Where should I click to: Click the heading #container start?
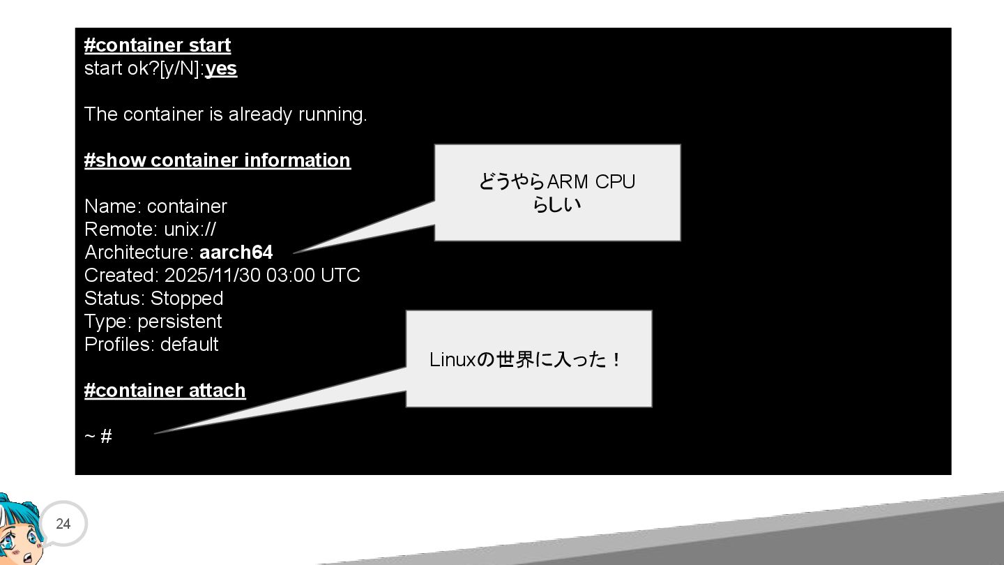click(x=157, y=45)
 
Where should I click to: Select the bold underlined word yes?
click(x=221, y=68)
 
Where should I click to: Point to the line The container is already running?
click(x=225, y=114)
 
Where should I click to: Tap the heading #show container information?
click(x=217, y=160)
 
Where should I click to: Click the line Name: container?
click(x=155, y=206)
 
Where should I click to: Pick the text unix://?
click(x=190, y=229)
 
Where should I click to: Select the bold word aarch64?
click(x=236, y=253)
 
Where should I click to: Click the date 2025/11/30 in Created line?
click(x=212, y=276)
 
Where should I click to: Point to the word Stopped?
click(x=187, y=299)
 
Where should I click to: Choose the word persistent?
click(x=180, y=322)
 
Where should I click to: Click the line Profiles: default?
click(x=151, y=345)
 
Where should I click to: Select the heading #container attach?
click(x=165, y=391)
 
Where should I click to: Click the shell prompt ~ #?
click(x=98, y=437)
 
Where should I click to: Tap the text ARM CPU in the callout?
click(x=591, y=182)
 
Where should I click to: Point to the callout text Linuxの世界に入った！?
click(x=525, y=360)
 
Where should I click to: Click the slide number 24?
click(x=63, y=524)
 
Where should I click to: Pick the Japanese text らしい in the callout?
click(x=556, y=205)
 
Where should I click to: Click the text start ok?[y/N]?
click(x=144, y=68)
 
